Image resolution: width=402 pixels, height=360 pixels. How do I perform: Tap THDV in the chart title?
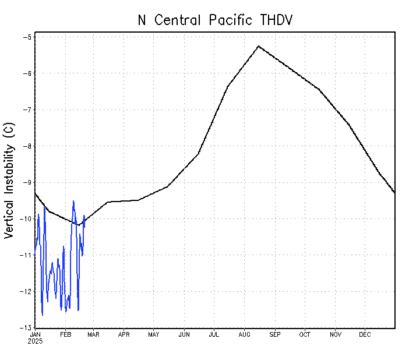pos(274,20)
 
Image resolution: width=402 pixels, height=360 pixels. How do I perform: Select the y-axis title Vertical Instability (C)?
pos(9,180)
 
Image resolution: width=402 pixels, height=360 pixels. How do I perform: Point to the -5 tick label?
pos(27,37)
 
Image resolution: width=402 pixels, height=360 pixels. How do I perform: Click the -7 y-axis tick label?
pos(27,110)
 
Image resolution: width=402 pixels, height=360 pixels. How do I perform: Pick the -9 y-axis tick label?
pos(27,182)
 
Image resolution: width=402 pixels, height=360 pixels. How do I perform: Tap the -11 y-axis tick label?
pos(26,255)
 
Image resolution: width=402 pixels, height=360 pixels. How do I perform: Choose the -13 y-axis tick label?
pos(26,328)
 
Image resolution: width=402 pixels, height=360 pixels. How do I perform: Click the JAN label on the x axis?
pos(35,334)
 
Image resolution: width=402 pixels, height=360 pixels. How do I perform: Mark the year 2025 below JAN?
pos(35,341)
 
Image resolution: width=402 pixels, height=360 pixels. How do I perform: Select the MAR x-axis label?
pos(93,334)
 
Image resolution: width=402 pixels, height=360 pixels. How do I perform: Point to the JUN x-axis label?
pos(184,334)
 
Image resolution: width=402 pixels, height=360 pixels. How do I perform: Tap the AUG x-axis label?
pos(245,334)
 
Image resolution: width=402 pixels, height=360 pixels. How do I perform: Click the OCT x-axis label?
pos(305,334)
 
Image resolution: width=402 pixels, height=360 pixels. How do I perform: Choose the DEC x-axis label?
pos(365,334)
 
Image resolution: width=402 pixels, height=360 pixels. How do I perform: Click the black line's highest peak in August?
pos(258,46)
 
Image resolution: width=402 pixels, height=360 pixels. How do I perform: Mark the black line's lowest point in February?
pos(77,225)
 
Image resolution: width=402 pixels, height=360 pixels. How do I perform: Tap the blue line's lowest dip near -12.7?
pos(43,315)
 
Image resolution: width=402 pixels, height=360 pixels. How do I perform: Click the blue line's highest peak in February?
pos(73,201)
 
